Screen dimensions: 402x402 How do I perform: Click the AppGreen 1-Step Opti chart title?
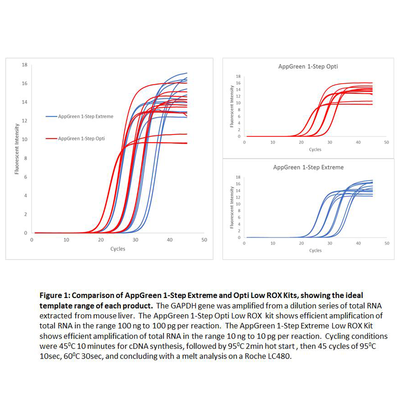308,66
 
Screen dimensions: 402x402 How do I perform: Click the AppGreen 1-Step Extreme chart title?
308,167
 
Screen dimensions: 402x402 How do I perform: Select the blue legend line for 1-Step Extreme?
51,117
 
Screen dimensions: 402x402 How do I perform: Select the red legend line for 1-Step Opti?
51,139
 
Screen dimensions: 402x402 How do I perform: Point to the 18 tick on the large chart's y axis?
25,65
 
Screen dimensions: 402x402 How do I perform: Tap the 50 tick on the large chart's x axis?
204,240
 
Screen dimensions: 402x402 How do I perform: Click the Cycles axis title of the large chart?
118,249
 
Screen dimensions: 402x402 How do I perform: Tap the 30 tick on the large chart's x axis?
135,240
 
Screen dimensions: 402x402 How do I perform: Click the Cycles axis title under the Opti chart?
315,150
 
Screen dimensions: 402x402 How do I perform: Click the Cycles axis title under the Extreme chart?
315,250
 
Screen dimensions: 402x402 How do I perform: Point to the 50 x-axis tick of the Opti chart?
387,142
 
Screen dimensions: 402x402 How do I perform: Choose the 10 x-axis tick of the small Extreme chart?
273,243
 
